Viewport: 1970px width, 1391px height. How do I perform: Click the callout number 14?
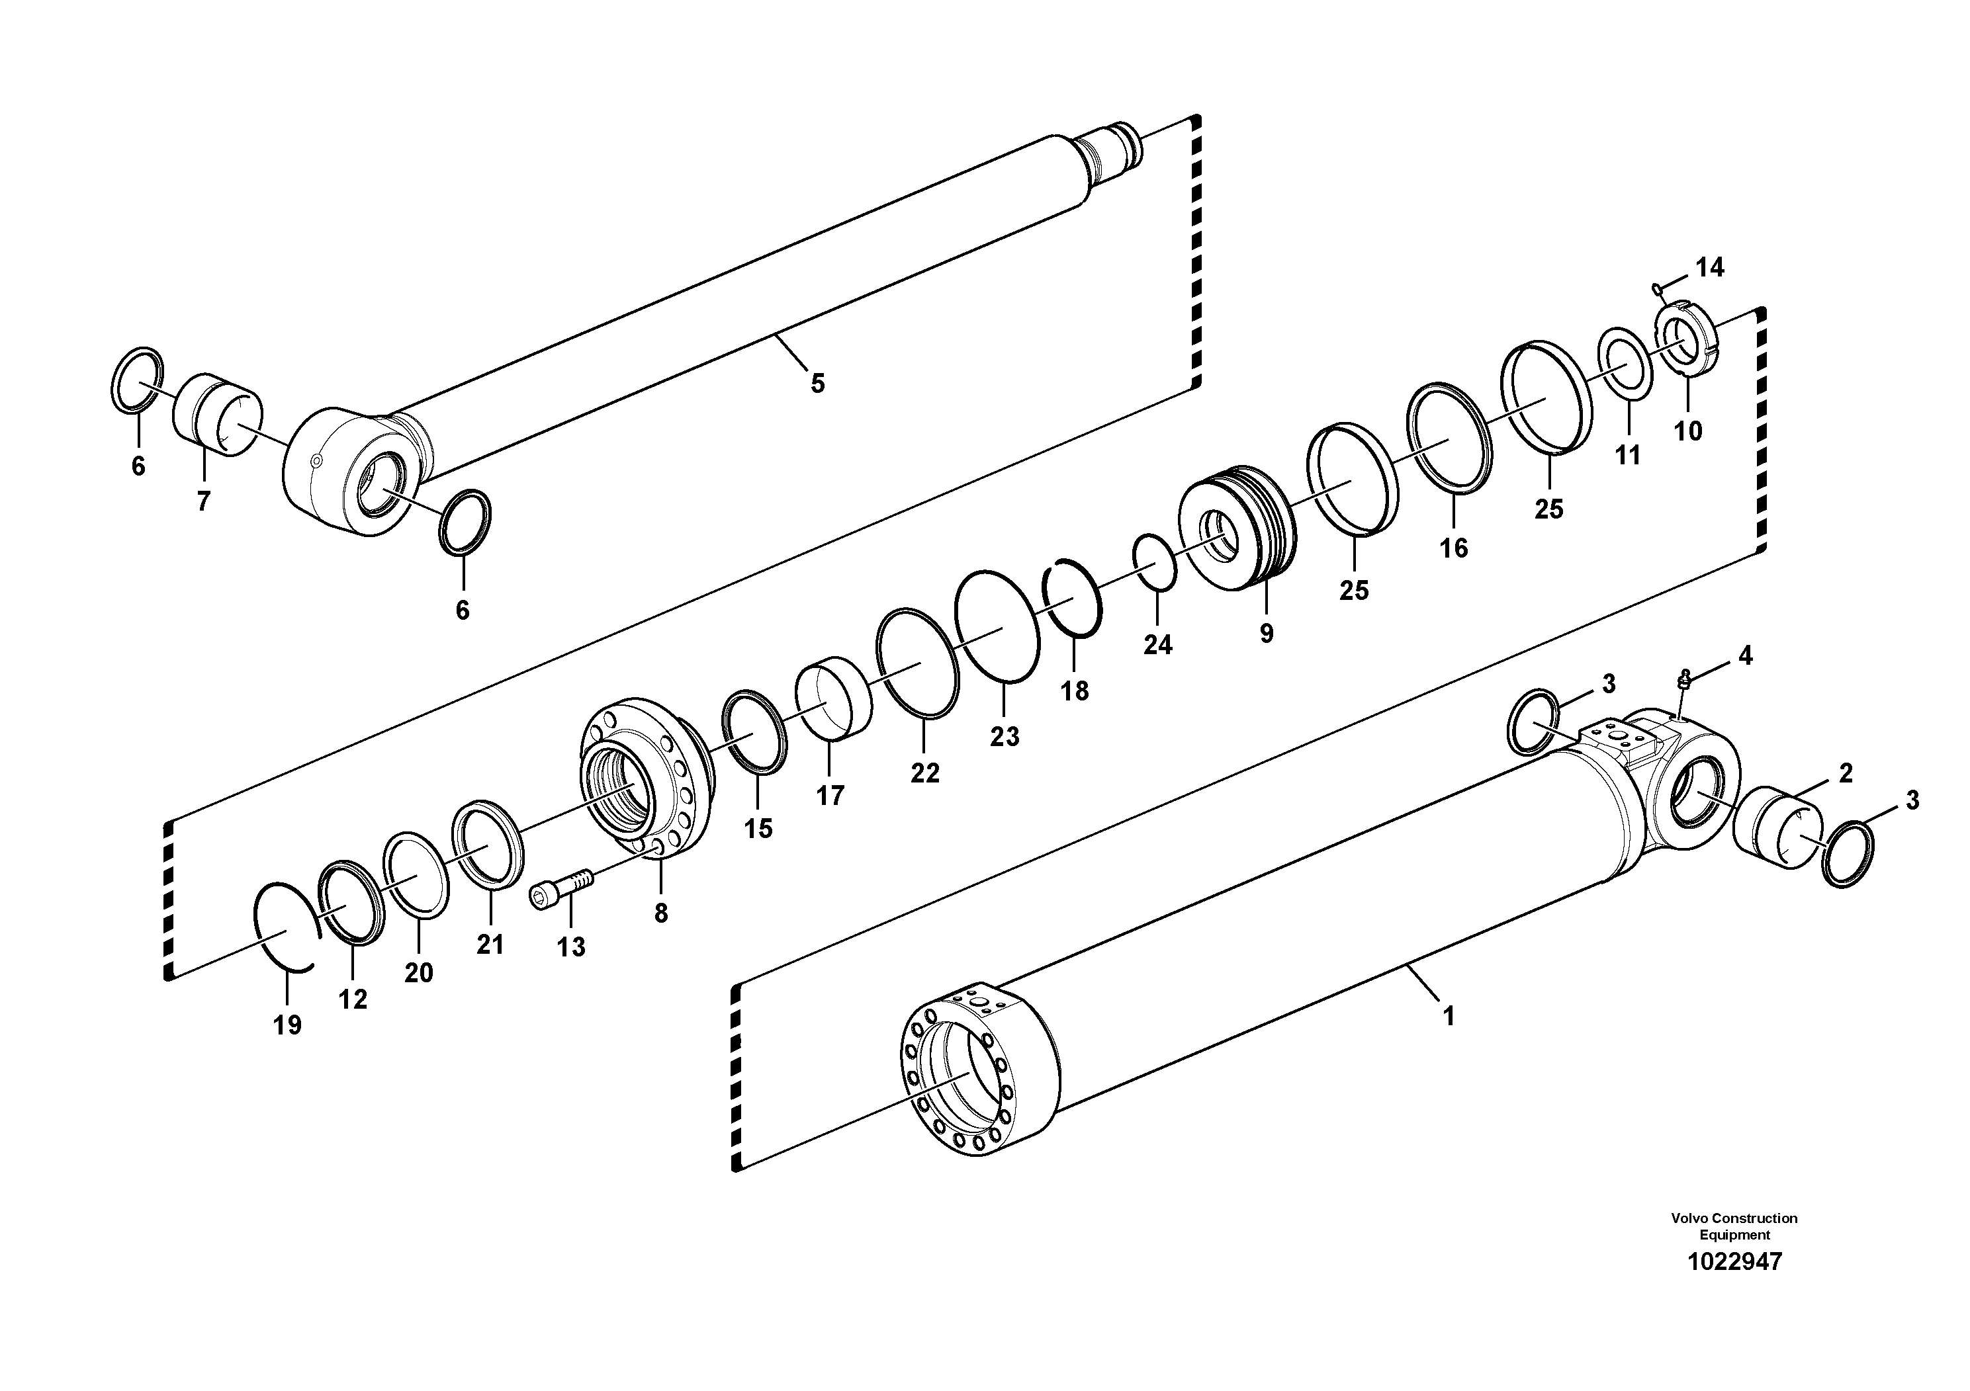1709,268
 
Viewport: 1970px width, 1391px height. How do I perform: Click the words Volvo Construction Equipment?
1734,1226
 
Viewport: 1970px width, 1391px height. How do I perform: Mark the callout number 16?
1453,547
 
